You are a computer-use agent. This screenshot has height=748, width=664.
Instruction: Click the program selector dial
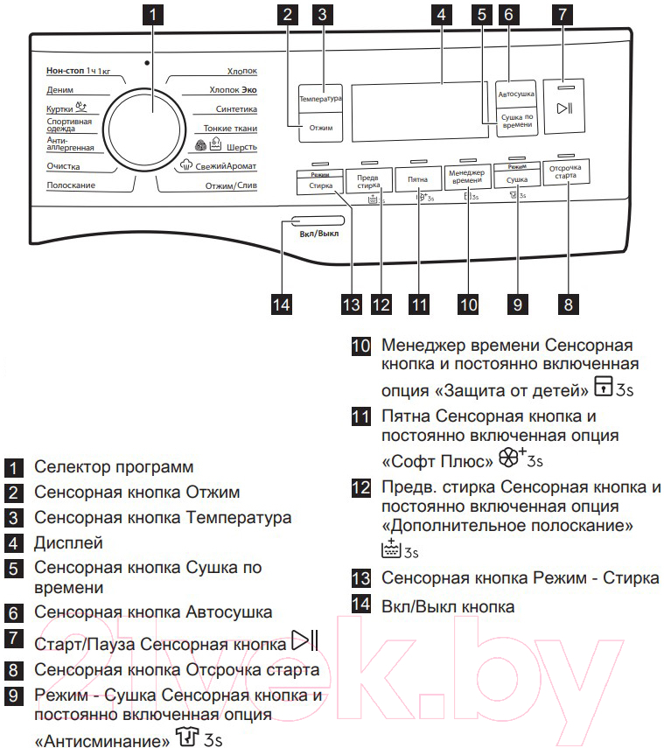click(x=144, y=129)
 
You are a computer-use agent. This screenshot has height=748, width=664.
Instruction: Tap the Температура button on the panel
click(x=320, y=99)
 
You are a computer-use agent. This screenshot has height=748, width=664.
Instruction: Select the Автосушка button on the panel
click(x=516, y=94)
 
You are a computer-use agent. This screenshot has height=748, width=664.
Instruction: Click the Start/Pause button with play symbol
click(x=564, y=107)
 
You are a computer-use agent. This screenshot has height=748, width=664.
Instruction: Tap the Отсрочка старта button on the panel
click(x=566, y=171)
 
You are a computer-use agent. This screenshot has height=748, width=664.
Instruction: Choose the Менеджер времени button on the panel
click(x=467, y=177)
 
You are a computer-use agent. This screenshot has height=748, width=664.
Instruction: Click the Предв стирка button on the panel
click(x=368, y=181)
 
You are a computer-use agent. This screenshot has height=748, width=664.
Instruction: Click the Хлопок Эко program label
click(x=233, y=90)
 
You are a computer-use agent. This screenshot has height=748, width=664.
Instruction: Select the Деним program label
click(x=60, y=90)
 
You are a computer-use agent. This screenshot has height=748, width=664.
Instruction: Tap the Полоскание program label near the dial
click(x=71, y=185)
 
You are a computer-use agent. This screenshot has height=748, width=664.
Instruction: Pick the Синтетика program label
click(x=236, y=109)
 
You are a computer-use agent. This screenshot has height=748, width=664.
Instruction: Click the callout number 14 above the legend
click(x=281, y=304)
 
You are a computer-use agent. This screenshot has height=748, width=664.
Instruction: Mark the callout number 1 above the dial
click(x=153, y=14)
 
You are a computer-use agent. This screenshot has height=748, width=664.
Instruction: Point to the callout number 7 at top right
click(x=563, y=14)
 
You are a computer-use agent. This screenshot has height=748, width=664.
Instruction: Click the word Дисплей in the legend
click(x=69, y=543)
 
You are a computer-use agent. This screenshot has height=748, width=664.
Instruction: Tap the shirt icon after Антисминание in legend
click(x=186, y=736)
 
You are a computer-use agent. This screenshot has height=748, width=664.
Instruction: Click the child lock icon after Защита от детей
click(x=603, y=386)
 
